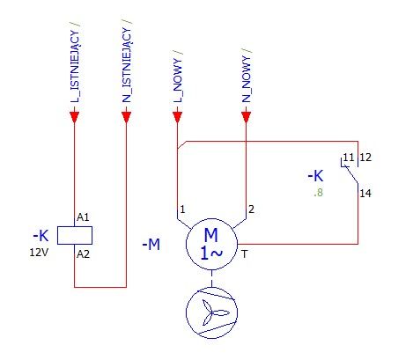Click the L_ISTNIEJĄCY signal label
75,66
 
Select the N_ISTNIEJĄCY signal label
127,65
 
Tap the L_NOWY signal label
178,80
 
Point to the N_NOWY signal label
247,79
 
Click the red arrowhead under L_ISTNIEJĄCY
75,117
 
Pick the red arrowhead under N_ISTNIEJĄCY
126,117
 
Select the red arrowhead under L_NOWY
178,117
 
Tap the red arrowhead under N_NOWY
246,117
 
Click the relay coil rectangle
75,235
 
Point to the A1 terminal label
83,217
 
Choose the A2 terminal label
83,254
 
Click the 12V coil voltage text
39,253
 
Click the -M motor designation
151,245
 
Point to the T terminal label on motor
245,254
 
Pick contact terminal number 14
365,194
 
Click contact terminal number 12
365,158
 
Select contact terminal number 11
349,158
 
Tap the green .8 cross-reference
318,193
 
